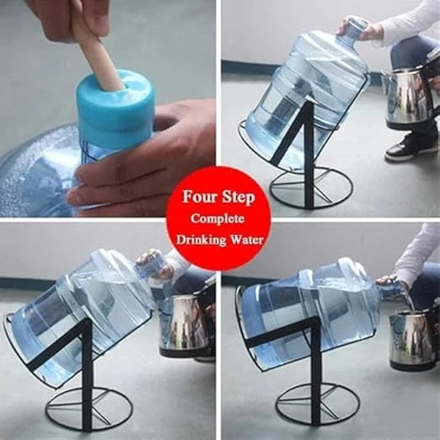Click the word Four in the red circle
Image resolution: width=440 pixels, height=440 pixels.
point(200,196)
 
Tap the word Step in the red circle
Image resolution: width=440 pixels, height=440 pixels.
point(239,197)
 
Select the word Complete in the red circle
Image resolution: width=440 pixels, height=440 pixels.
point(217,219)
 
